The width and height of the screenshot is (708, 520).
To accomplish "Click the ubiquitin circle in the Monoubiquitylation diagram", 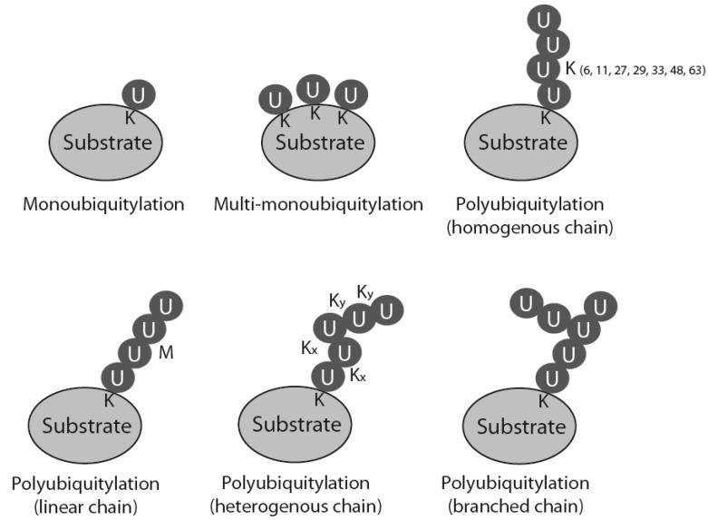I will pyautogui.click(x=139, y=93).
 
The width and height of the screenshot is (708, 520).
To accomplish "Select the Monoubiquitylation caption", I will pyautogui.click(x=103, y=204).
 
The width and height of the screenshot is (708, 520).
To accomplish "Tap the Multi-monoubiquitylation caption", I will pyautogui.click(x=318, y=204).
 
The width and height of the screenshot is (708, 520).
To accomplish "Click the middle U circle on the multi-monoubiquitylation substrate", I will pyautogui.click(x=314, y=90).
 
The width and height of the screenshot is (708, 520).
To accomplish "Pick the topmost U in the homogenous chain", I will pyautogui.click(x=545, y=18).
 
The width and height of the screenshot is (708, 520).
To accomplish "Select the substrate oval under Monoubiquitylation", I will pyautogui.click(x=106, y=143).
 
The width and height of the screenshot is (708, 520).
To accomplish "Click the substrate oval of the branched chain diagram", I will pyautogui.click(x=522, y=426).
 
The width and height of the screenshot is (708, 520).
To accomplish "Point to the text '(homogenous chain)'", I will pyautogui.click(x=529, y=228).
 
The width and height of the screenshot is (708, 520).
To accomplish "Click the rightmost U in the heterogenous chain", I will pyautogui.click(x=387, y=312).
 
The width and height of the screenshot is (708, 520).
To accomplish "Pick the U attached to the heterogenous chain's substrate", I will pyautogui.click(x=328, y=376).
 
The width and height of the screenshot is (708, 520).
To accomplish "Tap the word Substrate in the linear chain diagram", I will pyautogui.click(x=87, y=425).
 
